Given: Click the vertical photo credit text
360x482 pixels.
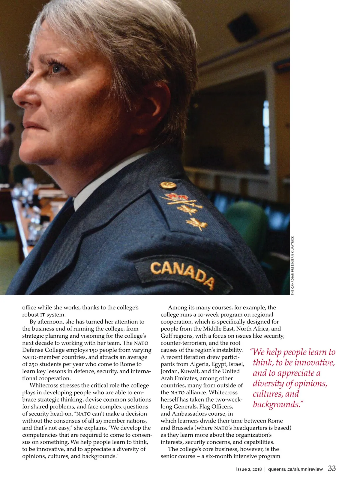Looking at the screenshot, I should (292, 266).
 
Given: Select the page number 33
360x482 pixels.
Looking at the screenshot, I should (332, 468).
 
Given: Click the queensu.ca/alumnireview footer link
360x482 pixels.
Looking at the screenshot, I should (295, 469).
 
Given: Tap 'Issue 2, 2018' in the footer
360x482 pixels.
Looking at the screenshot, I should (249, 469).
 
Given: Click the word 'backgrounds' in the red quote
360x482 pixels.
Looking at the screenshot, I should (276, 404).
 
